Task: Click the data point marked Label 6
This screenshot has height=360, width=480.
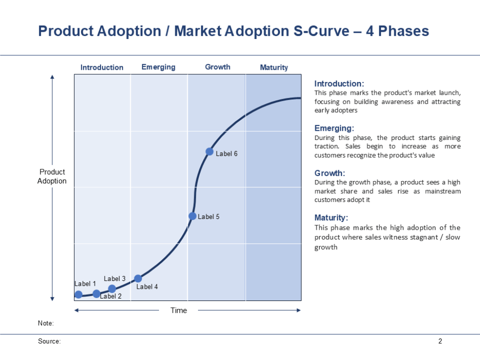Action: point(209,152)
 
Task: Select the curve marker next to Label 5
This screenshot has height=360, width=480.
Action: point(192,216)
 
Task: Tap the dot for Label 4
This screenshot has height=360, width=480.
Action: point(138,279)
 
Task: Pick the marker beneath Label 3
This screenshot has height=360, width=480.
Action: point(112,289)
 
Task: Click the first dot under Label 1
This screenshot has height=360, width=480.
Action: point(79,294)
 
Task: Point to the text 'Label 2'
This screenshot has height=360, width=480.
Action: point(111,296)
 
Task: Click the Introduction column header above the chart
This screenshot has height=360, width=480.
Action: point(102,67)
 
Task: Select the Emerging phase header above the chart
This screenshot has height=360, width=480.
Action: point(158,67)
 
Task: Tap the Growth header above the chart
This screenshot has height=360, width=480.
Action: point(218,67)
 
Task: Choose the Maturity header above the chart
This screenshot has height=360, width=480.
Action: point(274,67)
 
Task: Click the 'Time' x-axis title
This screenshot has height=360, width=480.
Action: point(179,310)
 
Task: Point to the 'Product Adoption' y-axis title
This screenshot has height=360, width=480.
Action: point(52,176)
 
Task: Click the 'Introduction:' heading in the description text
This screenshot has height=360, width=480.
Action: point(339,83)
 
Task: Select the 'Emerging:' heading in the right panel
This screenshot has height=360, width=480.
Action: point(334,128)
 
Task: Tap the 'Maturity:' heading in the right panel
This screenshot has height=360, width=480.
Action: point(331,218)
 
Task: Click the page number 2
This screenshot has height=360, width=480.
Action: point(440,341)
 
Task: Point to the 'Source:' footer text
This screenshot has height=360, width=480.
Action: point(49,341)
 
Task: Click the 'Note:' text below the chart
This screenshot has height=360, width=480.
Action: point(45,323)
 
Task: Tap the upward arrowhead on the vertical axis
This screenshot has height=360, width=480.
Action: point(52,77)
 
